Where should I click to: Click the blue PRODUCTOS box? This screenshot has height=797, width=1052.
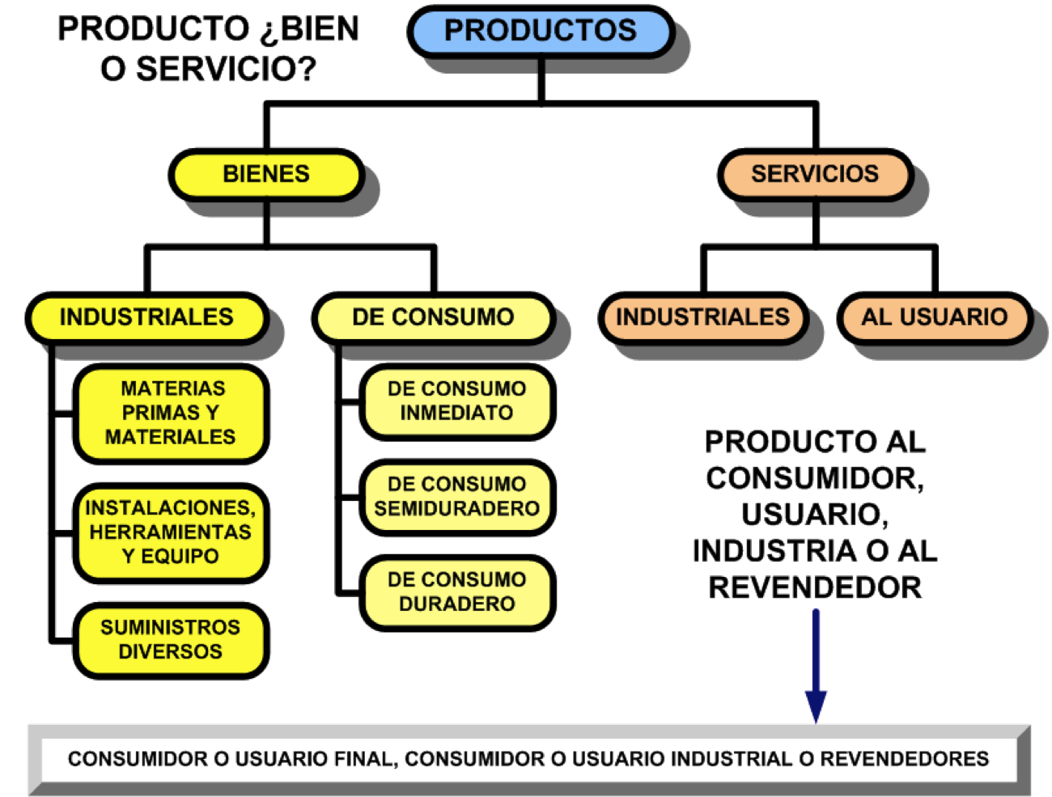(541, 31)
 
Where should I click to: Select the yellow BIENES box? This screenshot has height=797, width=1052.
(265, 174)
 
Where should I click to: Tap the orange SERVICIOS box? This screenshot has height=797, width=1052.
(814, 174)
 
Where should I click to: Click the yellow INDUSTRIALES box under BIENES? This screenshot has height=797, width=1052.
(146, 317)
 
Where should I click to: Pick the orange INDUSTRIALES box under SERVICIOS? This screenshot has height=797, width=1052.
(702, 317)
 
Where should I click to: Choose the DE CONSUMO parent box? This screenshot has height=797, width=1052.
(433, 317)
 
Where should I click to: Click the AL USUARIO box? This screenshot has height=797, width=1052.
(934, 317)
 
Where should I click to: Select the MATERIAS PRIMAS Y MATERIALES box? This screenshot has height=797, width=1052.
(171, 413)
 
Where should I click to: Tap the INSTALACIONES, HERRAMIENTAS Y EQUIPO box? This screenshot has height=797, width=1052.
(171, 532)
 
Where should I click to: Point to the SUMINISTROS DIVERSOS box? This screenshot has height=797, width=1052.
(171, 639)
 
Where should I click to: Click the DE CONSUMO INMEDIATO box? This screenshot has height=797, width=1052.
(456, 401)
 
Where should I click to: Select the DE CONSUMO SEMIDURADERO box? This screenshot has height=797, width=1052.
(456, 496)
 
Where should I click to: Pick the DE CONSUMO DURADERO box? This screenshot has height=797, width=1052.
(456, 591)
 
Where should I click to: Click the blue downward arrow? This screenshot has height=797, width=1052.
(816, 672)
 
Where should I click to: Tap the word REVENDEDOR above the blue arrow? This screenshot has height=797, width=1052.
(815, 587)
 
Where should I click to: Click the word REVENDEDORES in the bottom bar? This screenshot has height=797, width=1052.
(904, 759)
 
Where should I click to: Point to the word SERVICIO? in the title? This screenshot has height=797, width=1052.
(226, 70)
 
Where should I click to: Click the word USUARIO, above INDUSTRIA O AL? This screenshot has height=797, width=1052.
(813, 515)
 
